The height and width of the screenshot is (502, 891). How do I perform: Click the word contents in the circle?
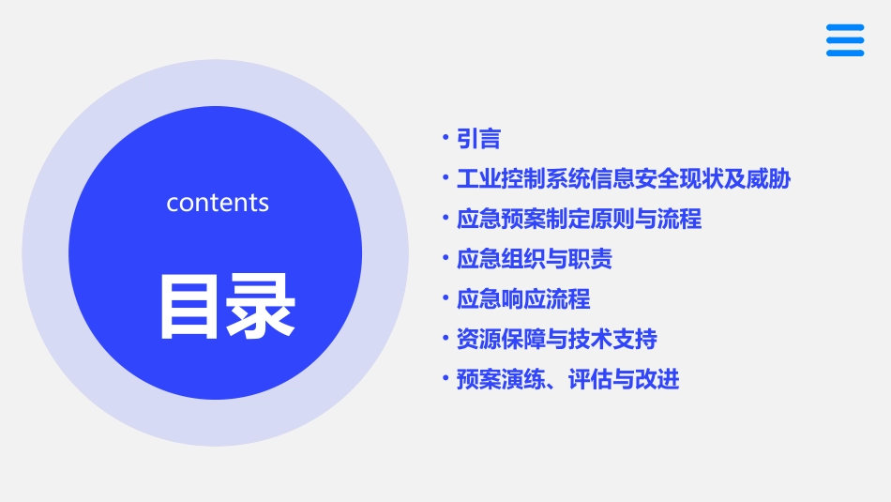pos(218,203)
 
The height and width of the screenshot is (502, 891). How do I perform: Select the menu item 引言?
pos(478,139)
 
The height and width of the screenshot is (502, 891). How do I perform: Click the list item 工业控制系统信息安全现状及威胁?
pos(623,179)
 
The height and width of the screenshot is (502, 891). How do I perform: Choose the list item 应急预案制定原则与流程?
pos(579,220)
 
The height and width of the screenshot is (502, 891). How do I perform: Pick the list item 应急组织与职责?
pos(534,259)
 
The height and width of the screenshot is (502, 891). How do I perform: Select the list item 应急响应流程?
pos(522,299)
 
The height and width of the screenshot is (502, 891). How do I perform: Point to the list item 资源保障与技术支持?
pos(556,339)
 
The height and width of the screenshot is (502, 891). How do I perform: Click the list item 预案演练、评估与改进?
pos(567,379)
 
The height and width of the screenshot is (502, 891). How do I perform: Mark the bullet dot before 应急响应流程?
pos(446,298)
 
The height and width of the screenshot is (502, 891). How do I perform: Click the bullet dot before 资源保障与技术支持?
pos(446,338)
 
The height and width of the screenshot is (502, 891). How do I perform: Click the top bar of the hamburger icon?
pos(845,28)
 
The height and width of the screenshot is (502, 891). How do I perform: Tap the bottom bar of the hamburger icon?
pos(845,53)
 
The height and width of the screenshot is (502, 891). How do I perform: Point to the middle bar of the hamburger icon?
pos(845,40)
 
